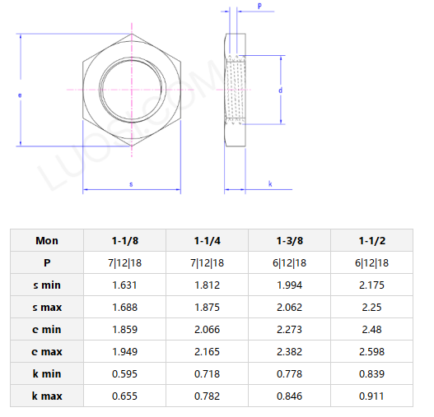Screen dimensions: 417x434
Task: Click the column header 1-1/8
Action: point(125,241)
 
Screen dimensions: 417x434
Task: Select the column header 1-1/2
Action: point(372,241)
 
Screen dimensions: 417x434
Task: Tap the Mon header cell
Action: point(47,241)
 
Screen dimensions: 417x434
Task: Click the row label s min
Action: point(47,285)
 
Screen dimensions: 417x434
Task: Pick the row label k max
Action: point(47,396)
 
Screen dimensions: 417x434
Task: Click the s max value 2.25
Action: point(372,308)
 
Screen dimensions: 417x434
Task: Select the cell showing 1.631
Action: point(125,285)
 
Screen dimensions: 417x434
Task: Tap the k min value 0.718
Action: point(208,374)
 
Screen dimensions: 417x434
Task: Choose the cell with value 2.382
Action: point(290,352)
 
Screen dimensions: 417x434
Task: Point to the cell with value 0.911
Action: point(372,396)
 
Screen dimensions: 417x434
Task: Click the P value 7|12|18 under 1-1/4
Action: point(208,263)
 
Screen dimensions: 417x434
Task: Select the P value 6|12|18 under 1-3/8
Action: point(290,263)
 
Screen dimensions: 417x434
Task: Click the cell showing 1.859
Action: point(125,330)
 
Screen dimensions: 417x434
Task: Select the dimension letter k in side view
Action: point(270,183)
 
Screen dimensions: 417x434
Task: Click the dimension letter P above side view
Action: point(259,7)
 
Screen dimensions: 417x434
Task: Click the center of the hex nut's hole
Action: point(131,88)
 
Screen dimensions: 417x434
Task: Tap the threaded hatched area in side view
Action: point(237,89)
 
